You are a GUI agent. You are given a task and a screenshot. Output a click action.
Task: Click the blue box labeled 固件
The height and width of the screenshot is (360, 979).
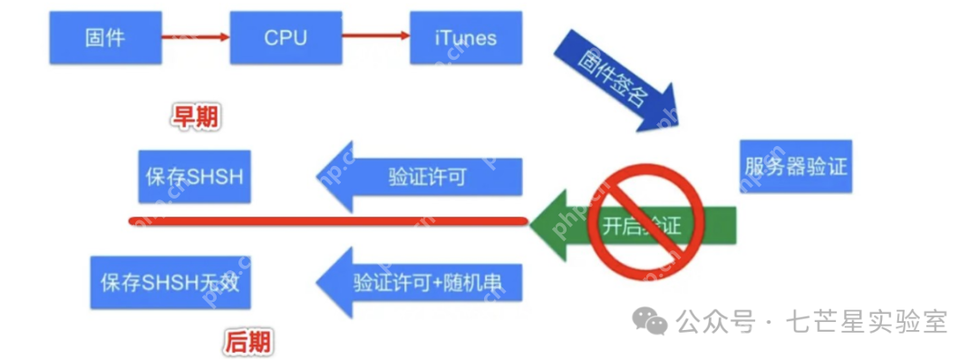(x=103, y=37)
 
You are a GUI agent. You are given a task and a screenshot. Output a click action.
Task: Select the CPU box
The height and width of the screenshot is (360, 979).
(x=286, y=37)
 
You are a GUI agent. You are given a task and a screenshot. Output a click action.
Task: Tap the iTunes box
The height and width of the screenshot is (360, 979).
(x=466, y=37)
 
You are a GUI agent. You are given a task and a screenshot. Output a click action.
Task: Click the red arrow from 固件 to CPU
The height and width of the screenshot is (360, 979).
(x=195, y=37)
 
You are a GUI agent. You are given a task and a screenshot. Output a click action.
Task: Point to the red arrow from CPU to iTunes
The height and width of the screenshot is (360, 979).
(x=375, y=37)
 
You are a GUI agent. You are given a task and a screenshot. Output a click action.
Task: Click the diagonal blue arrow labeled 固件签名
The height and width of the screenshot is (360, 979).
(x=616, y=83)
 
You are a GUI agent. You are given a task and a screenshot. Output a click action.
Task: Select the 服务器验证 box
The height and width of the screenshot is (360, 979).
(x=796, y=166)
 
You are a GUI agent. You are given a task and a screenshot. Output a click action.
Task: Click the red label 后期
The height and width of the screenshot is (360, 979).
(x=247, y=342)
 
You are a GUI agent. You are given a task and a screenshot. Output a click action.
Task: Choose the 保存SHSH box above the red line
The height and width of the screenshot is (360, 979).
(x=194, y=175)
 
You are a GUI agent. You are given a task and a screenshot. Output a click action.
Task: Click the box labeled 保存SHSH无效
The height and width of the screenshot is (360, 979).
(x=170, y=282)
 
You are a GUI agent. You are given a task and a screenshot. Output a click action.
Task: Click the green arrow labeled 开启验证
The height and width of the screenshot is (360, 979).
(x=635, y=223)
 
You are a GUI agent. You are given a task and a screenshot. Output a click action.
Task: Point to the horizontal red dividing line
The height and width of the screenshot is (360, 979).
(x=326, y=220)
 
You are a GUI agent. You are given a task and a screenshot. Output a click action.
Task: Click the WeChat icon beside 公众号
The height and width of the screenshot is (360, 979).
(x=651, y=319)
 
